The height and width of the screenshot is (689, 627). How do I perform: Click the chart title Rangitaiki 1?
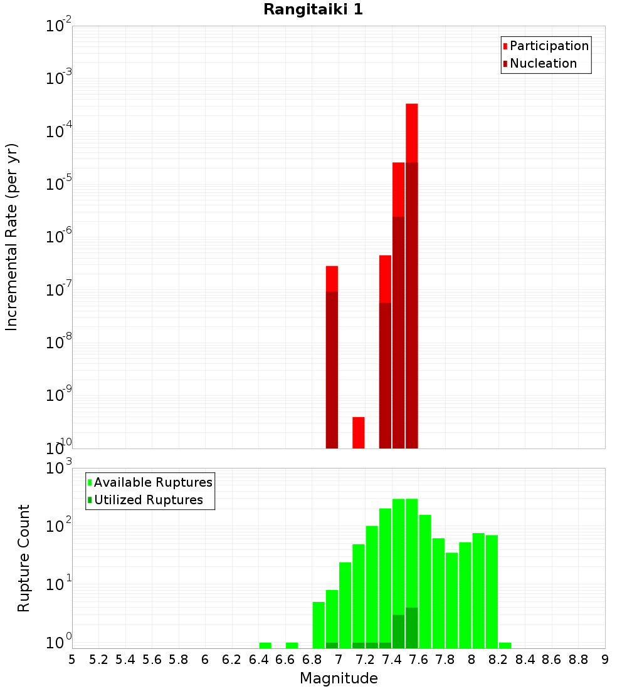(313, 9)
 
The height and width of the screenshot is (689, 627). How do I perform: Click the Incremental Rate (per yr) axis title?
(12, 237)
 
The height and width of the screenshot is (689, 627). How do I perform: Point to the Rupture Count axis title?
(24, 558)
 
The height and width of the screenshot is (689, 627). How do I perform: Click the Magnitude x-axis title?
(339, 678)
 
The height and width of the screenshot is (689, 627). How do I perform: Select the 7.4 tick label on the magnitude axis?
(392, 660)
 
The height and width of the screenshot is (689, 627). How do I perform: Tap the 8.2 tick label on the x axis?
(498, 660)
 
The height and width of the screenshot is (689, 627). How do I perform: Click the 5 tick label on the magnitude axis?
(72, 660)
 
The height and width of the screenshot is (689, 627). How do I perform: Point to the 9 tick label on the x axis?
(605, 660)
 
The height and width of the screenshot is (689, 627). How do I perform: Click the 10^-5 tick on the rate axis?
(59, 182)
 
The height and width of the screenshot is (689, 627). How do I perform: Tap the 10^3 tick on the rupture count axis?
(59, 467)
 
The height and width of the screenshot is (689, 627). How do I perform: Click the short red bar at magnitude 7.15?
(359, 432)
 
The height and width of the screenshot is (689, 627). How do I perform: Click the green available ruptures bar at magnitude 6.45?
(265, 645)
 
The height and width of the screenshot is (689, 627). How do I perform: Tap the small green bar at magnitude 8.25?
(505, 645)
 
